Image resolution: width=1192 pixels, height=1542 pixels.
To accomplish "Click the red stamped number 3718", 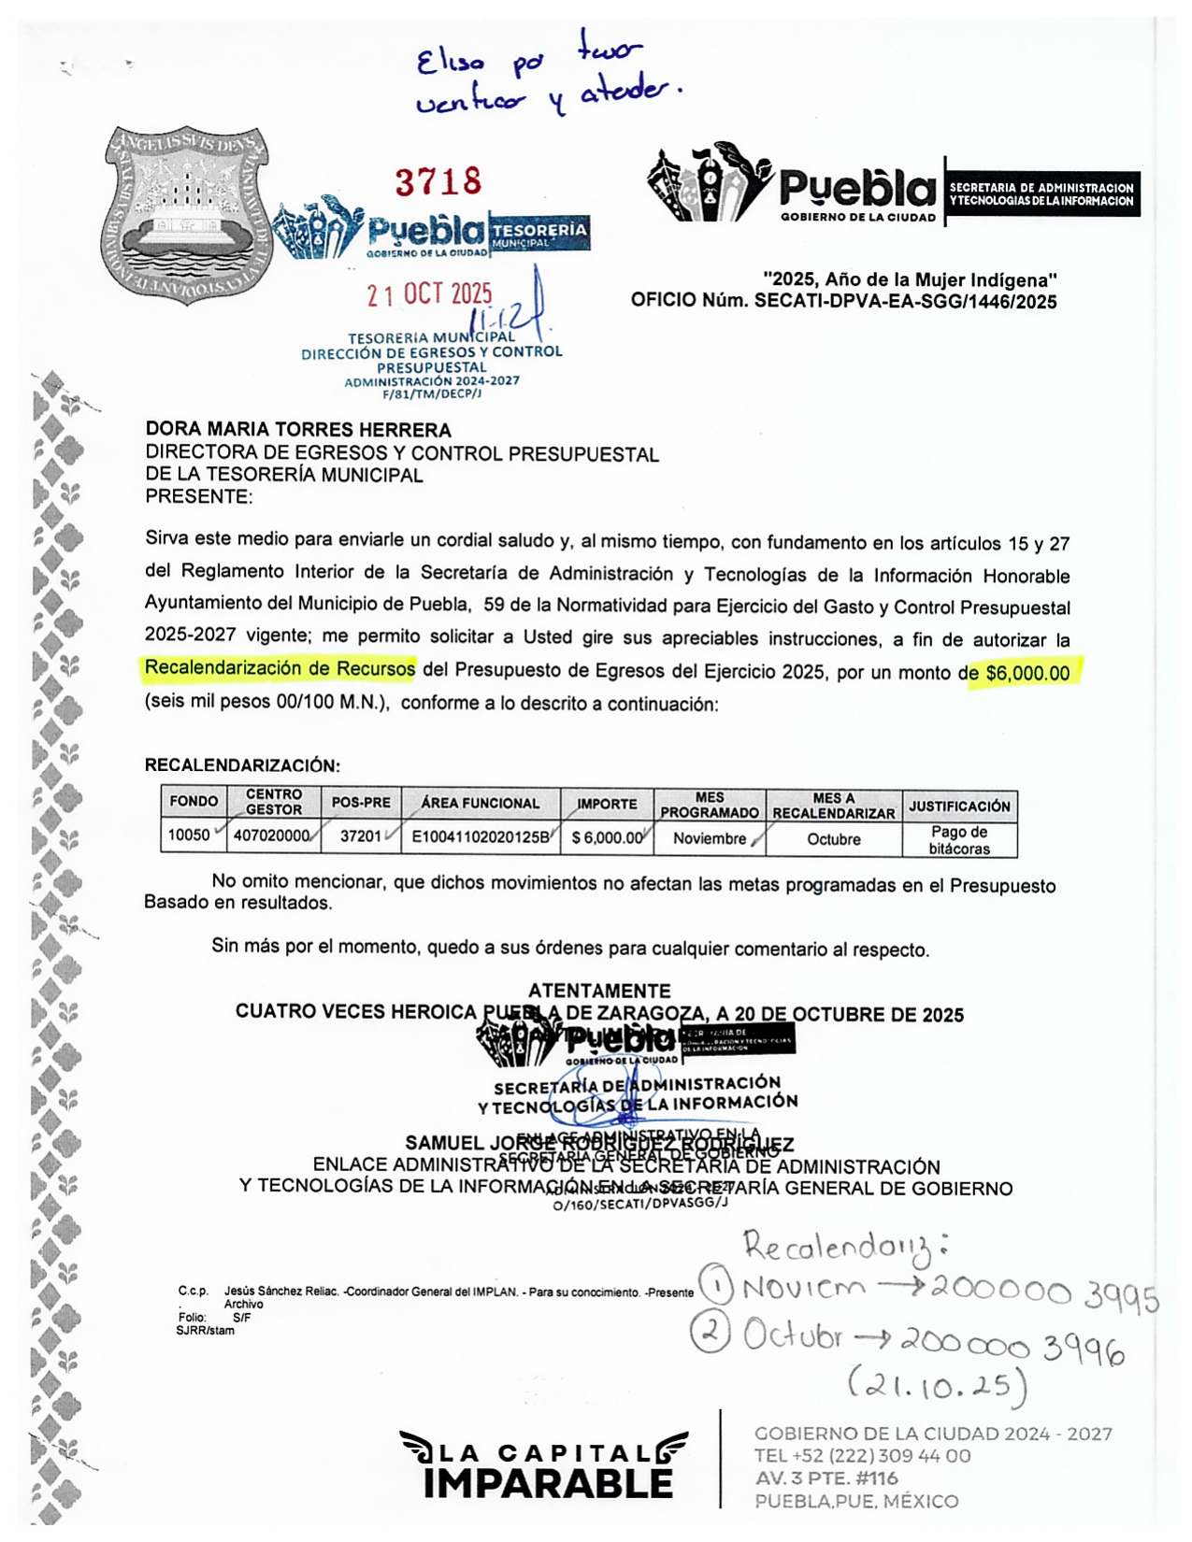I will point(438,181).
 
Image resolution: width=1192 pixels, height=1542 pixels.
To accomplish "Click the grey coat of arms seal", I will point(188,214).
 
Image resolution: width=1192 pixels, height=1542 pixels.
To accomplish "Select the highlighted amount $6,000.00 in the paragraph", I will point(1027,673).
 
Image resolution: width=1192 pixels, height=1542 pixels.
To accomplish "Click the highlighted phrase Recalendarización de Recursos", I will point(280,668).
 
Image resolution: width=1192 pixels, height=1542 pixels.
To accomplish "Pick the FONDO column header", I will point(194,802).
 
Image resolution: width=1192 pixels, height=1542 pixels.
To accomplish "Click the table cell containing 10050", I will point(189,835).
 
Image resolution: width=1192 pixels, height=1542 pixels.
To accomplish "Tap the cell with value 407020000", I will point(272,835).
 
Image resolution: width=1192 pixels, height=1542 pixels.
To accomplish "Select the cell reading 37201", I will point(361,835).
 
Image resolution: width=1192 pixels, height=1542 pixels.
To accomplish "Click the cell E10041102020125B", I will point(481,836).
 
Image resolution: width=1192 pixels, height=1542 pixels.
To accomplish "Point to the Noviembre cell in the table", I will point(710,838).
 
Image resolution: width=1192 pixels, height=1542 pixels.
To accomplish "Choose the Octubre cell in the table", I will point(833,839).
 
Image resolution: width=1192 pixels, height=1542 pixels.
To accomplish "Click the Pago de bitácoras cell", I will point(958,840).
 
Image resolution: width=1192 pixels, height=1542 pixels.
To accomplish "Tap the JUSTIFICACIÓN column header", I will point(959,806).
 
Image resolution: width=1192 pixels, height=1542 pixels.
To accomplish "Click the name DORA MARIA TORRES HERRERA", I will point(298,430).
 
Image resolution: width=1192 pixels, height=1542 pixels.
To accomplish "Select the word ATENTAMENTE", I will point(599,991).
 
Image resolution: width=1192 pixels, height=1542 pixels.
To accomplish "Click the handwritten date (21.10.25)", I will point(938,1384).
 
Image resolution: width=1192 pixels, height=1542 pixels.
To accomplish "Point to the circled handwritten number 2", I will point(710,1333).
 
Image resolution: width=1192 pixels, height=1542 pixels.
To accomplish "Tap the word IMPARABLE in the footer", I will point(548,1483).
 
